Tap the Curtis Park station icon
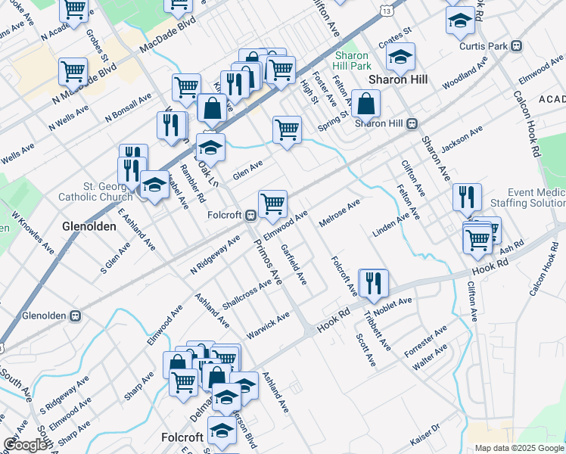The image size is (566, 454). pyautogui.click(x=517, y=45)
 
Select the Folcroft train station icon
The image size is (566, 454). pyautogui.click(x=248, y=216)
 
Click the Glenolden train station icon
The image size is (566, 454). pyautogui.click(x=75, y=315)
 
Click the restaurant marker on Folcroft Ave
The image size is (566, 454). pyautogui.click(x=373, y=284)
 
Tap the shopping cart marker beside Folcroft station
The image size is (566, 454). pyautogui.click(x=272, y=204)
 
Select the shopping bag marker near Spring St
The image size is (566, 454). pyautogui.click(x=365, y=104)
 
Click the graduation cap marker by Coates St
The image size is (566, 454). pyautogui.click(x=401, y=56)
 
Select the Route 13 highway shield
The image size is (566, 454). pyautogui.click(x=387, y=11)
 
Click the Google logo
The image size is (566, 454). pyautogui.click(x=26, y=445)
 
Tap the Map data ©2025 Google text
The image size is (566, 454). pyautogui.click(x=519, y=448)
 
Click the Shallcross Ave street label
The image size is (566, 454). pyautogui.click(x=247, y=294)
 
